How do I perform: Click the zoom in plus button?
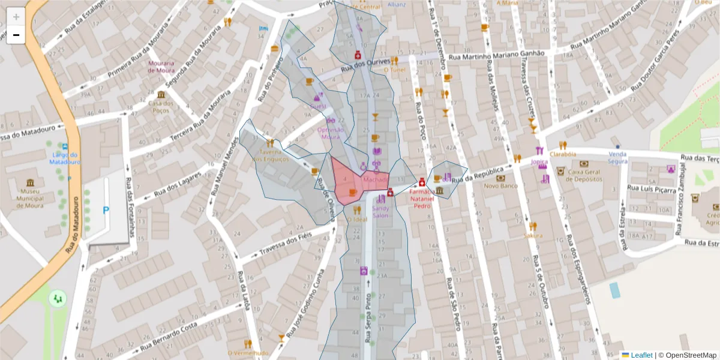[x=16, y=17]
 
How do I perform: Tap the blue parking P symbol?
[x=106, y=211]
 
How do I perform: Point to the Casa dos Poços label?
[x=161, y=106]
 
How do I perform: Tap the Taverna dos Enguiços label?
[x=271, y=155]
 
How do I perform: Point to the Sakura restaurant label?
[x=533, y=235]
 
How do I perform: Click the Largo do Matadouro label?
[x=65, y=158]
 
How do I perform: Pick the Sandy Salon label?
[x=381, y=212]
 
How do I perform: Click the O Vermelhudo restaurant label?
[x=248, y=353]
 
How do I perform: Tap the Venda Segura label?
[x=617, y=157]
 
